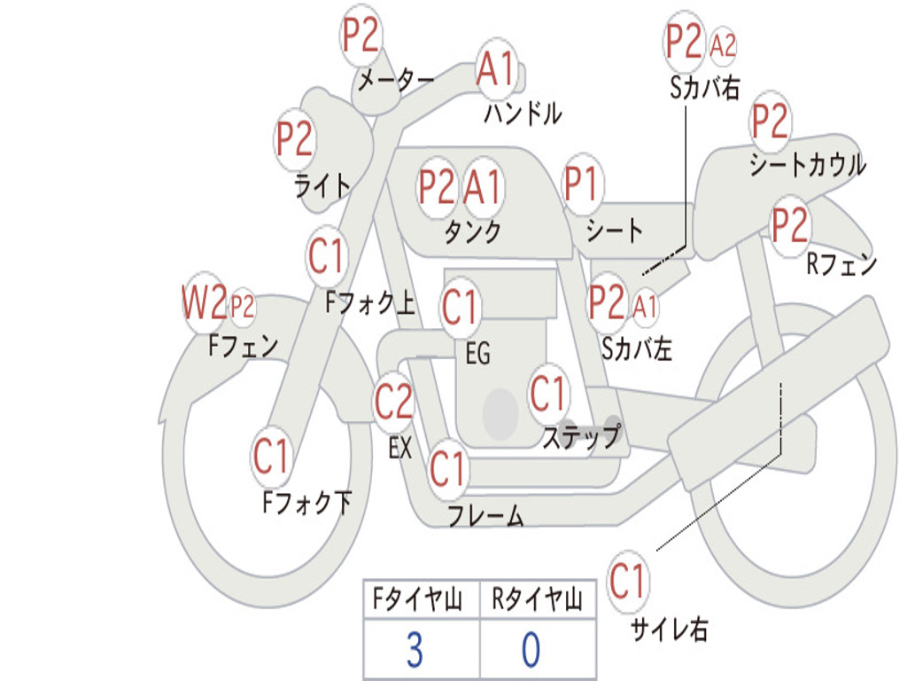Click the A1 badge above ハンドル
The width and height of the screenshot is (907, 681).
pos(495,68)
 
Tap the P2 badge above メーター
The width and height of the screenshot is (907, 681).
pos(360,37)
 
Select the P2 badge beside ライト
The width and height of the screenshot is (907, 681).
pos(294,139)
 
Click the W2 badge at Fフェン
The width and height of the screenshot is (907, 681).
pos(204,303)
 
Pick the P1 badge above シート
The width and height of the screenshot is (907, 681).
pos(582,186)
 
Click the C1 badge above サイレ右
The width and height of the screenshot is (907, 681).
pos(628,582)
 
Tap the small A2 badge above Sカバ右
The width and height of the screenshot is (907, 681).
pos(723,45)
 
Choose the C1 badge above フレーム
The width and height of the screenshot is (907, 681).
pos(447,466)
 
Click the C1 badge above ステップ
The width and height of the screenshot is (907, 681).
pos(547,394)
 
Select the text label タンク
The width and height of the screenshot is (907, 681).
pos(472,232)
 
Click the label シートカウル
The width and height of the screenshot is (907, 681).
pos(807,165)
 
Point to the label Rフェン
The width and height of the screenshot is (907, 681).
pos(841,263)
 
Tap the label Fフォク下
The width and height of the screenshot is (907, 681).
pos(306,503)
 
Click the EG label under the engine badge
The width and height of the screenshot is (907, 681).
pos(477,354)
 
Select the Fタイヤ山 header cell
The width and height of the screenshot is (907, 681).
pos(420,600)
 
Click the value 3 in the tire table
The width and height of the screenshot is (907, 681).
pos(415,650)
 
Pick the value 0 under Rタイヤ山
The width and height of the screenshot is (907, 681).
pos(530,650)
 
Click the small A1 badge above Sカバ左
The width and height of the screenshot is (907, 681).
pos(646,306)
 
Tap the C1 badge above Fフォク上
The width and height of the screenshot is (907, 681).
pos(327,257)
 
